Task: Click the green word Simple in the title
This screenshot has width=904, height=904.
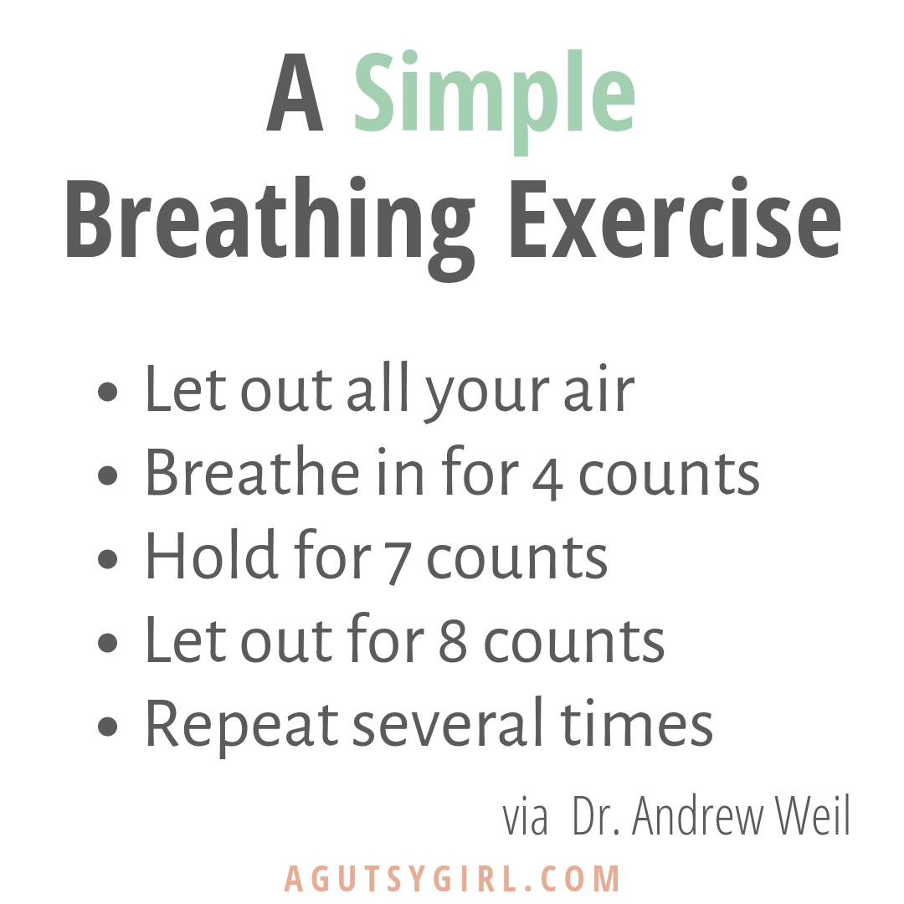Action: pyautogui.click(x=495, y=101)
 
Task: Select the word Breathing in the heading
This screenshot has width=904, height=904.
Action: pyautogui.click(x=270, y=229)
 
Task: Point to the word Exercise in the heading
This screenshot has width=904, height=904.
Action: pyautogui.click(x=675, y=218)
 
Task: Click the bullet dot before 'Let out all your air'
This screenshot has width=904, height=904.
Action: pyautogui.click(x=108, y=392)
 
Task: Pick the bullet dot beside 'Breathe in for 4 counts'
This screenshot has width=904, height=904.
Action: pyautogui.click(x=108, y=475)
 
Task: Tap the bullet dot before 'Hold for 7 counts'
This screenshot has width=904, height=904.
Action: pyautogui.click(x=108, y=558)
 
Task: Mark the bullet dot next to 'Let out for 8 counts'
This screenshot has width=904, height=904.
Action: pyautogui.click(x=108, y=642)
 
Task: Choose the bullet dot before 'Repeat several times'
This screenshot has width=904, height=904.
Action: pyautogui.click(x=108, y=726)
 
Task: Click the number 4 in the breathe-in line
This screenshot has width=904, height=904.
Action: pyautogui.click(x=547, y=480)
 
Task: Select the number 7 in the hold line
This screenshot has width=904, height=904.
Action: pyautogui.click(x=398, y=564)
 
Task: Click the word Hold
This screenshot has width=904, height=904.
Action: pyautogui.click(x=211, y=554)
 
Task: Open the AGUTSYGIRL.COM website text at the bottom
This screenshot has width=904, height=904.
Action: pyautogui.click(x=452, y=879)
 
